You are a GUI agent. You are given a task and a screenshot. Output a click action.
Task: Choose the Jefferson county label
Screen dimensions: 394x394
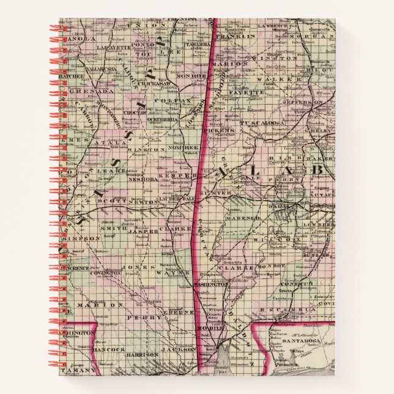[307, 102]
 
